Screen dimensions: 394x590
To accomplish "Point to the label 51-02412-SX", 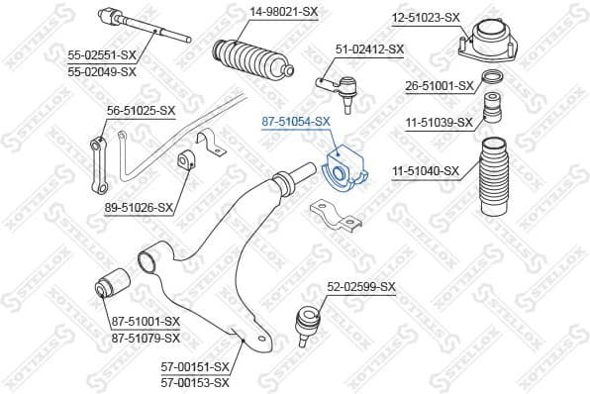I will (370, 49).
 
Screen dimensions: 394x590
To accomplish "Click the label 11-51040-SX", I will (427, 171).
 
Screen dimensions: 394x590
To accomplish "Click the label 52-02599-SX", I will (361, 287).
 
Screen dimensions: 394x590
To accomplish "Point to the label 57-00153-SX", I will (195, 382).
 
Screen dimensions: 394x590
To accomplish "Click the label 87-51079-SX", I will (146, 336).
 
